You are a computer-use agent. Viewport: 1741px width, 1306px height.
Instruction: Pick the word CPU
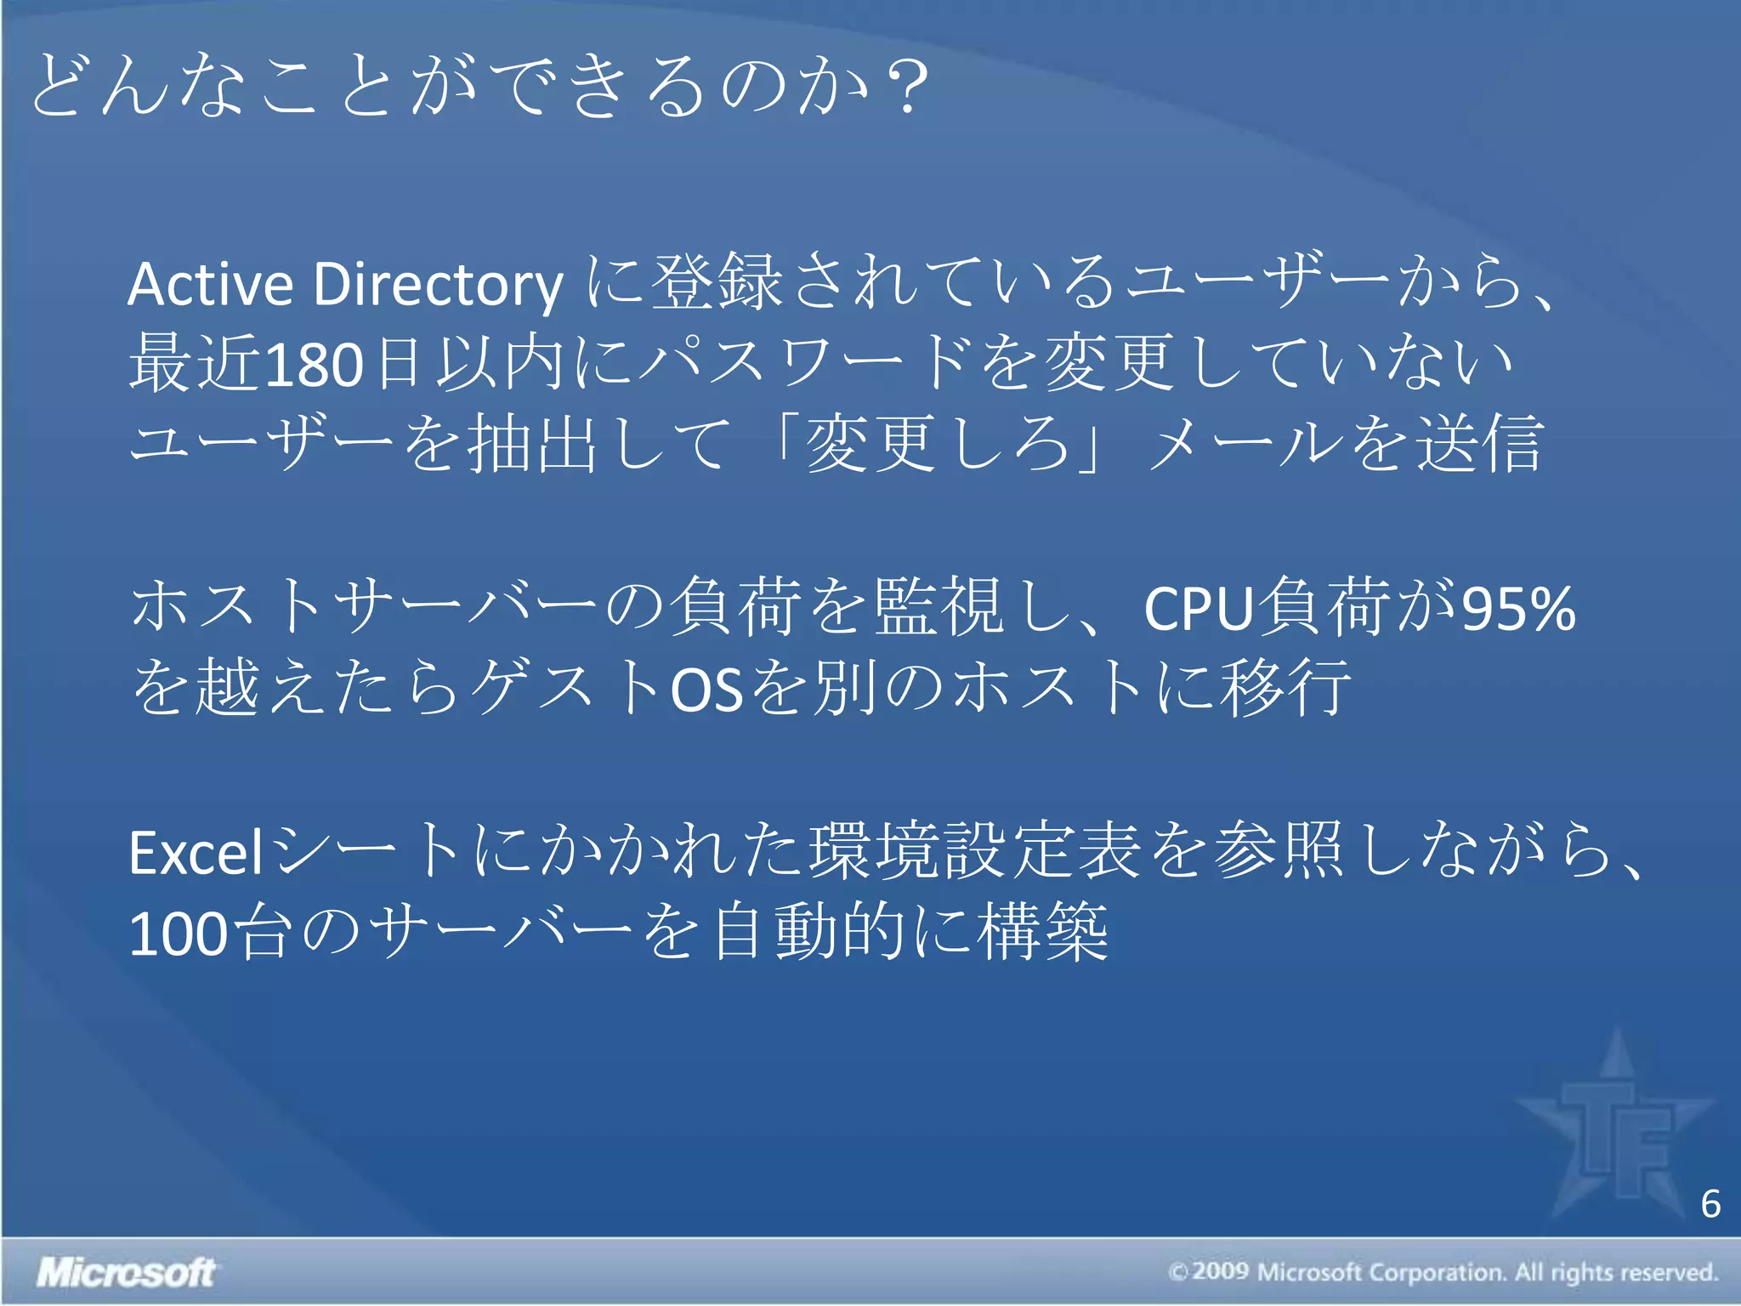(1199, 609)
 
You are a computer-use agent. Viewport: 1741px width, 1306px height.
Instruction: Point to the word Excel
(197, 853)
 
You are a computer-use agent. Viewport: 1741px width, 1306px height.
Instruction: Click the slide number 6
(1710, 1204)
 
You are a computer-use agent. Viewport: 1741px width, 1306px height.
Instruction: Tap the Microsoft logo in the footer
(126, 1272)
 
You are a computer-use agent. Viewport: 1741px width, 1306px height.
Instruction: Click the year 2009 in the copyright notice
(1221, 1272)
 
